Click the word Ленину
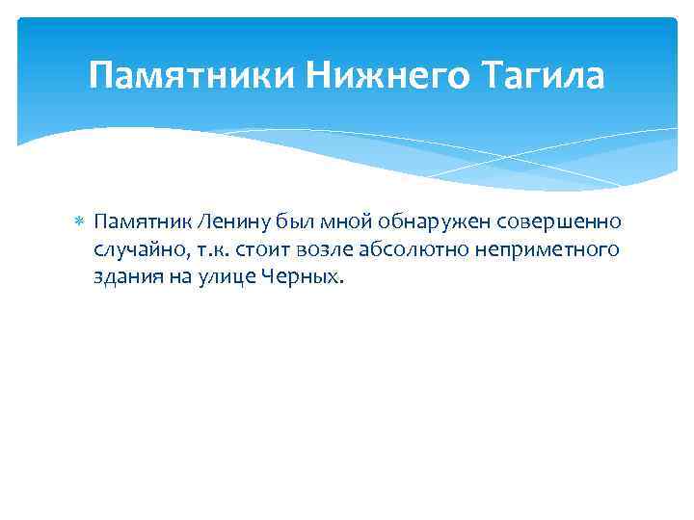click(227, 222)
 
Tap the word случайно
click(137, 250)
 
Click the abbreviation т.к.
click(210, 250)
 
